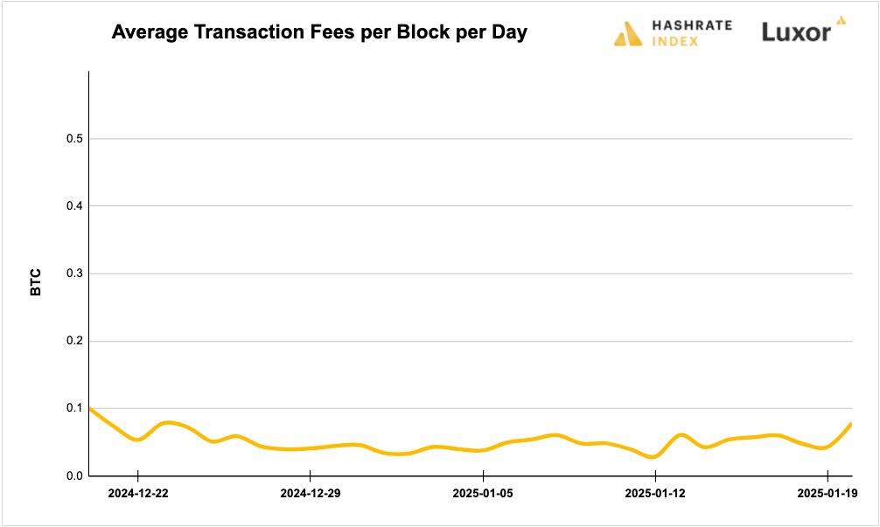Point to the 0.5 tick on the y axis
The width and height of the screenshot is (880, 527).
click(x=73, y=139)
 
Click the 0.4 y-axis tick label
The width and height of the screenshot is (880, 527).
click(x=73, y=206)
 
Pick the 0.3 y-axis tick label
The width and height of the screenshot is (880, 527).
click(x=73, y=274)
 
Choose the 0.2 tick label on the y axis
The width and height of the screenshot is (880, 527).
click(x=73, y=341)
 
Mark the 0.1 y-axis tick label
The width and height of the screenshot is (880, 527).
click(x=73, y=408)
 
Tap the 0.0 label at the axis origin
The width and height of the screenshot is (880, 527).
click(x=73, y=475)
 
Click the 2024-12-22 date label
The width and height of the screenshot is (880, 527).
click(x=138, y=494)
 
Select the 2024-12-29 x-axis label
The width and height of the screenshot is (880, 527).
click(x=311, y=494)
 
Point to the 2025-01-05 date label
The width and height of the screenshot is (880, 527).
click(x=483, y=494)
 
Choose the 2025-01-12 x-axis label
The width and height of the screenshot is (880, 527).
click(x=655, y=494)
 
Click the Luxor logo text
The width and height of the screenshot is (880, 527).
click(x=796, y=33)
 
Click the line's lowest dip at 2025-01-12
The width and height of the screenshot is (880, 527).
click(x=653, y=456)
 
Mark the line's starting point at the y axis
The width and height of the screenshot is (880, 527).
click(x=90, y=408)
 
